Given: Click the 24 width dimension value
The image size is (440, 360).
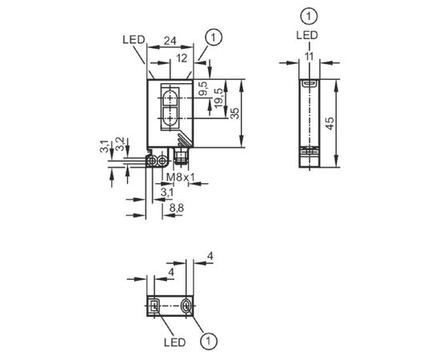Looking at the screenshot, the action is [170, 41].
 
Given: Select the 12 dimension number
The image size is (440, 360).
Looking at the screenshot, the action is [182, 58].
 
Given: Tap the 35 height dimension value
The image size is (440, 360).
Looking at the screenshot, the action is [235, 113].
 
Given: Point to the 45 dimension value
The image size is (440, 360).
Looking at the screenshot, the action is [330, 123].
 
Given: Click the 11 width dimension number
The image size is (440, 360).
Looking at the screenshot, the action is [309, 57].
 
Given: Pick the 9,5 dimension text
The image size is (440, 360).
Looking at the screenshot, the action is [203, 88].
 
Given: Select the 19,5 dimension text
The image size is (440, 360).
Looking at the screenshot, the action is [218, 98].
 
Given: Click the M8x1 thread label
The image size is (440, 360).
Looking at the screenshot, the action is [181, 178].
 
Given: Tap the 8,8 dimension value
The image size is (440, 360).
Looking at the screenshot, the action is [177, 208].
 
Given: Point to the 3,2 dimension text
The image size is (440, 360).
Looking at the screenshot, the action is [120, 144].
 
